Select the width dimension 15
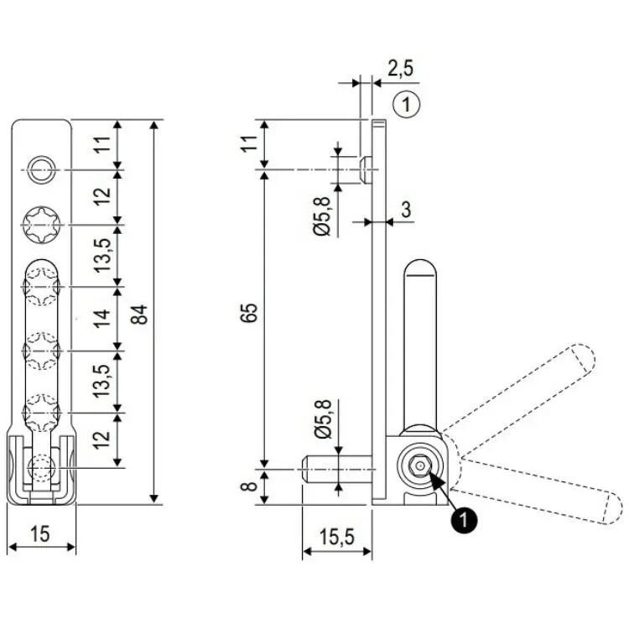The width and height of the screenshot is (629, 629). pyautogui.click(x=40, y=533)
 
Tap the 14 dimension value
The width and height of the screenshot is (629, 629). pyautogui.click(x=102, y=319)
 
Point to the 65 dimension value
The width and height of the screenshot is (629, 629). pyautogui.click(x=249, y=313)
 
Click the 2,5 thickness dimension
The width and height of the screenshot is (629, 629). pyautogui.click(x=399, y=67)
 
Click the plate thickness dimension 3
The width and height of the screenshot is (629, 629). pyautogui.click(x=405, y=209)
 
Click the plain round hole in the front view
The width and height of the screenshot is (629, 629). pyautogui.click(x=40, y=170)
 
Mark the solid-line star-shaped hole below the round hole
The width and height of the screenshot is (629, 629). pyautogui.click(x=40, y=224)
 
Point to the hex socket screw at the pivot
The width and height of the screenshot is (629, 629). pyautogui.click(x=418, y=466)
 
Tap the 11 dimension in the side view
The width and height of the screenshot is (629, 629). pyautogui.click(x=249, y=143)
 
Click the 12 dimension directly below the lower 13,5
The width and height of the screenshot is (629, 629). pyautogui.click(x=102, y=439)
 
